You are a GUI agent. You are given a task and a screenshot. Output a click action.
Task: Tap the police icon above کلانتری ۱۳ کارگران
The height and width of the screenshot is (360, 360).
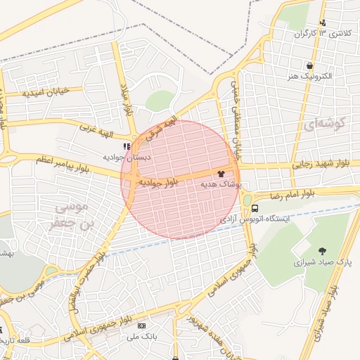point(323,22)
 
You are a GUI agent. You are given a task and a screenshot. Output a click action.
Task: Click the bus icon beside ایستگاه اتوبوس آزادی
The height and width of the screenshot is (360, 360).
point(255,208)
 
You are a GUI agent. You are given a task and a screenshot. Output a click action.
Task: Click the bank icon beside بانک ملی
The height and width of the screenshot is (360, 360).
point(141,326)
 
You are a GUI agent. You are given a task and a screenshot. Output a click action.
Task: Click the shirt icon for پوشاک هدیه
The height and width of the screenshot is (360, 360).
point(221,172)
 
